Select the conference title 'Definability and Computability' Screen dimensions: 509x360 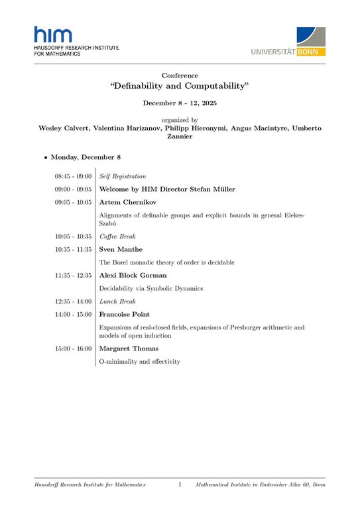179,87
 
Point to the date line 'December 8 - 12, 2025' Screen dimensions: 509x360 180,103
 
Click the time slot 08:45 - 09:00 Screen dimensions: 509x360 73,176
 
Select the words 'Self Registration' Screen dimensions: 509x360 122,176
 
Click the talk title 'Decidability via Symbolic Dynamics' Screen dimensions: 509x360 152,288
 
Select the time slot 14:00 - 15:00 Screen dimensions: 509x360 73,314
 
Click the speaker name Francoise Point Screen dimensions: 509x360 124,314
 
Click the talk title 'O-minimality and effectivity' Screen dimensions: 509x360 139,362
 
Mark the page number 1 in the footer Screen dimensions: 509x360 180,485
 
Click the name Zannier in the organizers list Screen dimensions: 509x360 180,137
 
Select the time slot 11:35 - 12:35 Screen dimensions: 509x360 73,275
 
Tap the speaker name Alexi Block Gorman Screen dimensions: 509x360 133,275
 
